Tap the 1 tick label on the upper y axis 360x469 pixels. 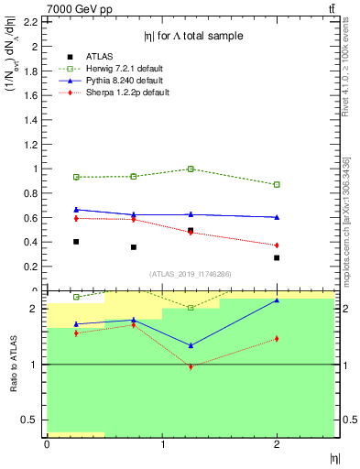pyautogui.click(x=34, y=169)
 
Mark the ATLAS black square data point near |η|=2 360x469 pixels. pyautogui.click(x=277, y=257)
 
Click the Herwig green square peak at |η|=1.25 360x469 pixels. pyautogui.click(x=191, y=169)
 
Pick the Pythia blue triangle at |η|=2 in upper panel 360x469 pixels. pyautogui.click(x=277, y=217)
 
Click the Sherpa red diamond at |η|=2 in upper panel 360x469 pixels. pyautogui.click(x=277, y=245)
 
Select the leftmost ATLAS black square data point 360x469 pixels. pyautogui.click(x=76, y=242)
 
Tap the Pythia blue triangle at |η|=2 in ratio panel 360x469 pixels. pyautogui.click(x=277, y=300)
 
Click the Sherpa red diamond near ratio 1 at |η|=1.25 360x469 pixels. pyautogui.click(x=191, y=366)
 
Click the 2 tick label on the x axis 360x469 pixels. pyautogui.click(x=277, y=444)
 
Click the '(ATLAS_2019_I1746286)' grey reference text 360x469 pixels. pyautogui.click(x=191, y=274)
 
